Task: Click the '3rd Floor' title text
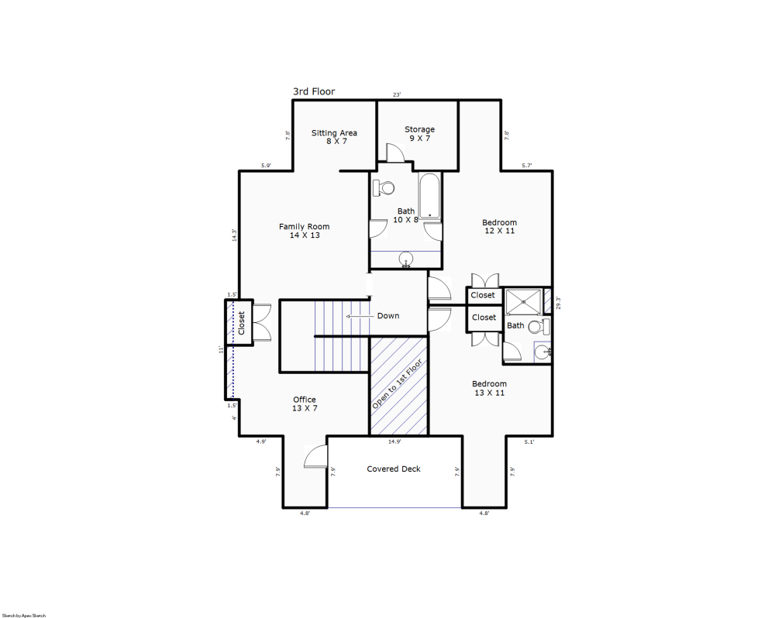pyautogui.click(x=314, y=91)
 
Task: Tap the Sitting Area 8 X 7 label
pyautogui.click(x=334, y=137)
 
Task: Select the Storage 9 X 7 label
pyautogui.click(x=419, y=134)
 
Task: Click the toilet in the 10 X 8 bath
pyautogui.click(x=384, y=187)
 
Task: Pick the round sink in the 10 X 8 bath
pyautogui.click(x=406, y=260)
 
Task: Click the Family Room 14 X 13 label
pyautogui.click(x=304, y=231)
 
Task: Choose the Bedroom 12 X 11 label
pyautogui.click(x=499, y=226)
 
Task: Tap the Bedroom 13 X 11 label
pyautogui.click(x=489, y=388)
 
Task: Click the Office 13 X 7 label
pyautogui.click(x=304, y=403)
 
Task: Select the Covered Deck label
pyautogui.click(x=394, y=469)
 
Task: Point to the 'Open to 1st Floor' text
pyautogui.click(x=398, y=384)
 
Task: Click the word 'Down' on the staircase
pyautogui.click(x=388, y=316)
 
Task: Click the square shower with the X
pyautogui.click(x=522, y=300)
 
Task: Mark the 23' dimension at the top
pyautogui.click(x=397, y=94)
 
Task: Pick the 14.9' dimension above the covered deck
pyautogui.click(x=394, y=442)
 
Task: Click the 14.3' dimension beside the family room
pyautogui.click(x=233, y=235)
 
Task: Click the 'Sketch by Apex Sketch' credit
pyautogui.click(x=24, y=615)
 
